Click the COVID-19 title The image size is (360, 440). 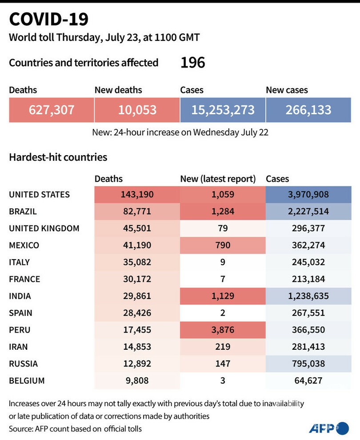pyautogui.click(x=48, y=19)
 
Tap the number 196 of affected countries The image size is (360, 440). pyautogui.click(x=192, y=63)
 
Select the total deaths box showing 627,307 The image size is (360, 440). pyautogui.click(x=52, y=110)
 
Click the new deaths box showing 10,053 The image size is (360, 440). pyautogui.click(x=137, y=110)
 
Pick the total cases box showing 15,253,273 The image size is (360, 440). pyautogui.click(x=223, y=110)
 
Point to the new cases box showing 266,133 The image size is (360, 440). pyautogui.click(x=308, y=110)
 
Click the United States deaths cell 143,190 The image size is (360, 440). pyautogui.click(x=137, y=195)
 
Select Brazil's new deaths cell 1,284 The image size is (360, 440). pyautogui.click(x=223, y=212)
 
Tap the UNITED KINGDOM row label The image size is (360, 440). pyautogui.click(x=44, y=228)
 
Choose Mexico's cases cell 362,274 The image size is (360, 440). pyautogui.click(x=308, y=245)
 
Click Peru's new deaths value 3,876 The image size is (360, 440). pyautogui.click(x=223, y=330)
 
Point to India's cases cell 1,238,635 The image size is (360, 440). pyautogui.click(x=308, y=296)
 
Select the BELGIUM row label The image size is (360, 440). pyautogui.click(x=27, y=380)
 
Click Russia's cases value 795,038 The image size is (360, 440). pyautogui.click(x=308, y=364)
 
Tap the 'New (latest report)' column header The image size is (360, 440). pyautogui.click(x=218, y=179)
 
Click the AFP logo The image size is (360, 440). pyautogui.click(x=329, y=428)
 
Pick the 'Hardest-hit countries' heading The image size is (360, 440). pyautogui.click(x=58, y=157)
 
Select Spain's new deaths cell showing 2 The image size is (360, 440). pyautogui.click(x=223, y=313)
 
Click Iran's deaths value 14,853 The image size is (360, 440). pyautogui.click(x=137, y=347)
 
